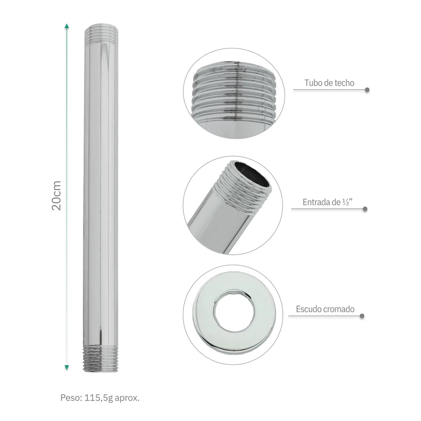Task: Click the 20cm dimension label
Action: click(56, 196)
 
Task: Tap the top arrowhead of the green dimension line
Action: click(67, 26)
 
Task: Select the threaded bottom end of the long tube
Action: click(101, 359)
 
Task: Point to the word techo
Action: click(344, 83)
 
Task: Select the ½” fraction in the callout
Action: click(347, 202)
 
